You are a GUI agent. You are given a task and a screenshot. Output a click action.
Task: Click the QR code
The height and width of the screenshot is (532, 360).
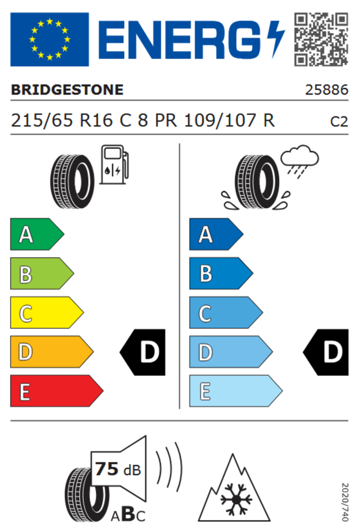tap(321, 39)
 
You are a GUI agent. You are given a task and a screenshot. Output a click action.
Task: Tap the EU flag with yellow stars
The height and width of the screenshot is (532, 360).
tap(49, 39)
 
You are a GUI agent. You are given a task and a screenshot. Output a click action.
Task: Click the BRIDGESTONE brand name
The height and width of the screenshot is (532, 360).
tap(67, 90)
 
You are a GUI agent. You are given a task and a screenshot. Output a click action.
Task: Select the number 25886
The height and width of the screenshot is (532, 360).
tap(326, 90)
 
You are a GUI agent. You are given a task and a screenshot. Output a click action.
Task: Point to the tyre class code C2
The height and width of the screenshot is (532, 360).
tap(339, 121)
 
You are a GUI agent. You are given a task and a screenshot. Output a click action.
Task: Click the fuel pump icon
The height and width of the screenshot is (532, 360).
tap(114, 165)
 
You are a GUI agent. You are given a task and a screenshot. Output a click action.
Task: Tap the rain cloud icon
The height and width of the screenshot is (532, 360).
tap(300, 161)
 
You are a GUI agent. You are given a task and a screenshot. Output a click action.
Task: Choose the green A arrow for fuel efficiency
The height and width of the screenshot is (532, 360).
tap(37, 234)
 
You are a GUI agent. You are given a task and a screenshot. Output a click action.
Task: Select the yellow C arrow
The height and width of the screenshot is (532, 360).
tap(47, 313)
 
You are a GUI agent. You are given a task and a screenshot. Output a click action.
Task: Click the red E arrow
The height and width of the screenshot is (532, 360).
tap(56, 391)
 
